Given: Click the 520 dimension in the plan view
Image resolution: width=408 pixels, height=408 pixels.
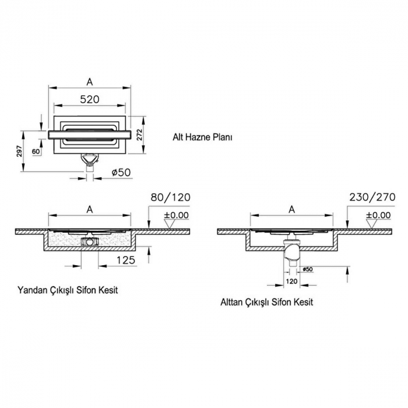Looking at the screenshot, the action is (89, 99).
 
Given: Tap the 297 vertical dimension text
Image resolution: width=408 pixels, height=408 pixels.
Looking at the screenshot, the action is (19, 152).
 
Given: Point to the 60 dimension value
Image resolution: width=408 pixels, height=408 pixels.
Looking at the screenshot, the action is (36, 152).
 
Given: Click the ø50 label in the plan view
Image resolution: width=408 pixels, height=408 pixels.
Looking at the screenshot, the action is (120, 172).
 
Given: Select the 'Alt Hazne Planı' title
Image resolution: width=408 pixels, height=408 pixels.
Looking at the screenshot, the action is (202, 138).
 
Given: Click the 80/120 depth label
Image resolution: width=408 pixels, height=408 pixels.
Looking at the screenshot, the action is (170, 198).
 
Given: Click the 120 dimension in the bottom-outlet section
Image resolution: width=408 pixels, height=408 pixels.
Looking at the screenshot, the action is (292, 281).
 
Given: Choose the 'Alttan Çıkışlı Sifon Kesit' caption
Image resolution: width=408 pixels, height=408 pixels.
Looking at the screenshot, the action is (267, 303).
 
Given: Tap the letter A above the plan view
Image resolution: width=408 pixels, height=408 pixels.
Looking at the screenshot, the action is (90, 82).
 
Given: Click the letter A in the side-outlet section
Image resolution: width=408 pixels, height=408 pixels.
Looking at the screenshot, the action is (90, 209).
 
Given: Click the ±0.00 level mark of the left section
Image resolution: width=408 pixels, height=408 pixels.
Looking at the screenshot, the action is (176, 215).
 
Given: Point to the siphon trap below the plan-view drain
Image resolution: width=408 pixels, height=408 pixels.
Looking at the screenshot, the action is (90, 159).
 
